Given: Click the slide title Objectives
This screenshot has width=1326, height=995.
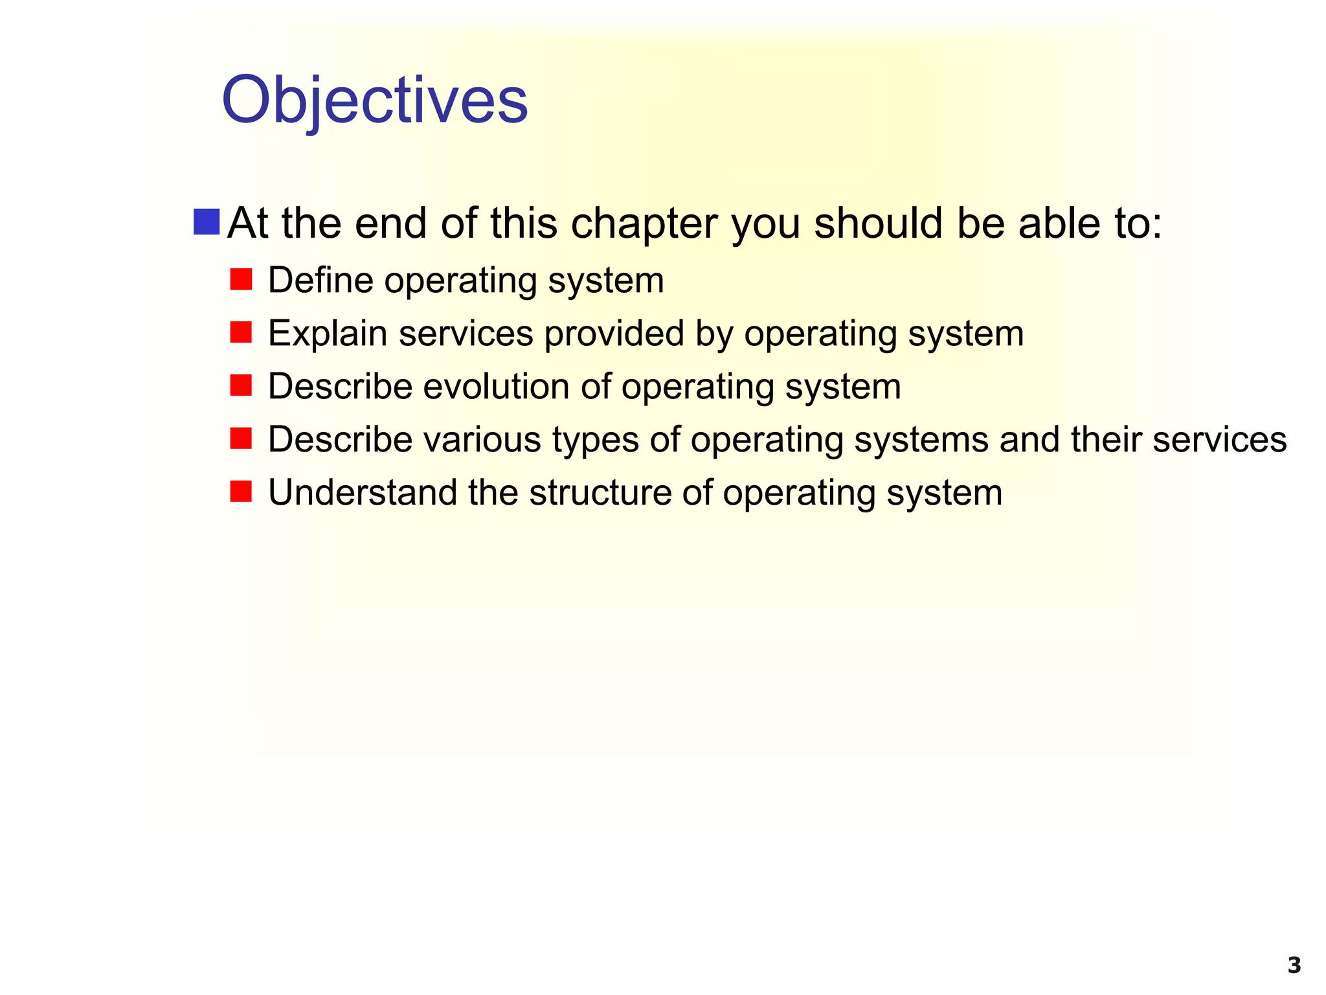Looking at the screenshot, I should pos(375,100).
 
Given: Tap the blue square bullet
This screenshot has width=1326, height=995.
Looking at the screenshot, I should pos(207,222).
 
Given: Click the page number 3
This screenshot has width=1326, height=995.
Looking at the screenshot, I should pos(1294,965).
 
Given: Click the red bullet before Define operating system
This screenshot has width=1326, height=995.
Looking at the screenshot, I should pos(241,280).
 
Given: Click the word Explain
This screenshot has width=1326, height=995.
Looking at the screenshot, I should pos(328,334).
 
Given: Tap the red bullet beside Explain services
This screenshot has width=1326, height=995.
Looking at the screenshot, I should pos(241,333).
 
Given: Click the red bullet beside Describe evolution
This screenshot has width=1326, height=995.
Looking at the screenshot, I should pos(241,386).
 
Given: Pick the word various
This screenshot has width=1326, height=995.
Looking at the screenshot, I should pos(482,440).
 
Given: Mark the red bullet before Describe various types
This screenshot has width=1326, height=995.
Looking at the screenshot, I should pos(241,439).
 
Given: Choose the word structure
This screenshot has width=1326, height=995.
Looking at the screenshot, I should pos(600,493).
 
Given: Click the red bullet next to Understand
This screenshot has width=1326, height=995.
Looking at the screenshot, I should pos(241,492).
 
